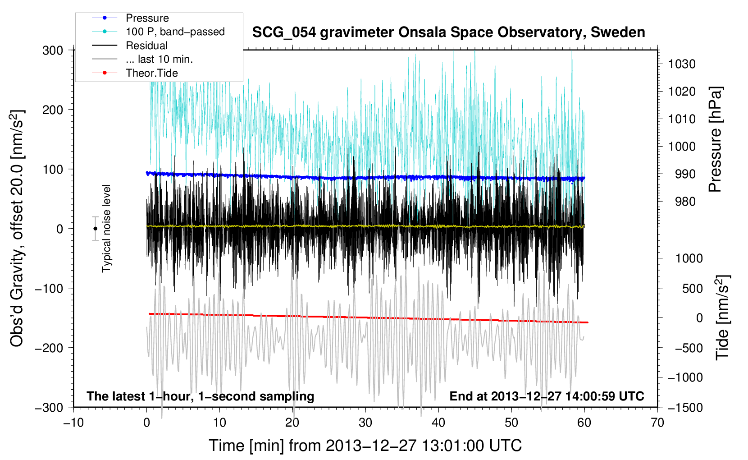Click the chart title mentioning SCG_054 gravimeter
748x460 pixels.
(x=448, y=32)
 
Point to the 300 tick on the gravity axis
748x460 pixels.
(x=53, y=51)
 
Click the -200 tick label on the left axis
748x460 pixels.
(x=50, y=348)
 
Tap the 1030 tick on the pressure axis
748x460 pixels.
(x=682, y=64)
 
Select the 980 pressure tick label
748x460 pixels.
(x=685, y=202)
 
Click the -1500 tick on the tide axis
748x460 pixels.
(x=685, y=408)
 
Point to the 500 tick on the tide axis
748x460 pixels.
(x=692, y=289)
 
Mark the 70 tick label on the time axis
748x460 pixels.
(x=657, y=423)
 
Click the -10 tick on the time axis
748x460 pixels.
(x=73, y=423)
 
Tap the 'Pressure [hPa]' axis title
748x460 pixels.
(x=715, y=139)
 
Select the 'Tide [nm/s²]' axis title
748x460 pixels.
(x=723, y=317)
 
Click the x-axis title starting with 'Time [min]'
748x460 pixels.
(x=365, y=446)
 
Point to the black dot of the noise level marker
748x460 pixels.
(x=95, y=229)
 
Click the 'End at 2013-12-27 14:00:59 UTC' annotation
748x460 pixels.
(x=547, y=396)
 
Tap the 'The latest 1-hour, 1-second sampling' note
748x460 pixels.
(x=201, y=396)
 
